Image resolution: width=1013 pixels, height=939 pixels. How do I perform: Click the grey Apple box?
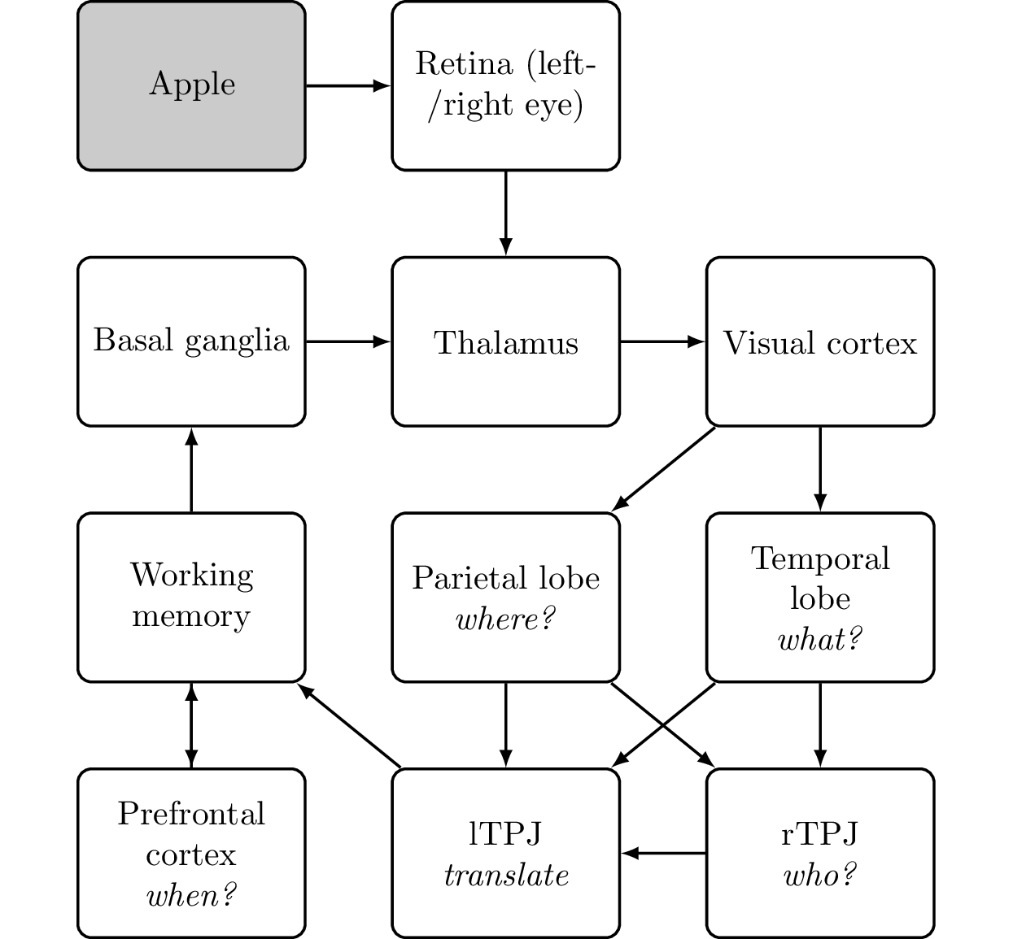(191, 85)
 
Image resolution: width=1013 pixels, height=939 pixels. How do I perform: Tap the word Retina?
(464, 63)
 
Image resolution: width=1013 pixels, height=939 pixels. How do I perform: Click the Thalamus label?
(506, 342)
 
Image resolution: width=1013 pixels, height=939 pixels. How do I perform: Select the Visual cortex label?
(820, 342)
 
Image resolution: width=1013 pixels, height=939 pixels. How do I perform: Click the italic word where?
(506, 619)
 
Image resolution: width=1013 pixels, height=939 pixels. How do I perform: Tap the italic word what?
(820, 640)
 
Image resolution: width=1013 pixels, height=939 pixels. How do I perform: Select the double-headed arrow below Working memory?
(191, 725)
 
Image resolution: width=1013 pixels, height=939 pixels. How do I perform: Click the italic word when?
(191, 896)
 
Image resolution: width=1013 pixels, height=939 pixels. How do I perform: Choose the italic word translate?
(506, 876)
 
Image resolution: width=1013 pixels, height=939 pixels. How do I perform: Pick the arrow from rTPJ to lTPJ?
(664, 854)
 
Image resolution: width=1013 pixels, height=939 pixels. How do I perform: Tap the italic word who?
(820, 876)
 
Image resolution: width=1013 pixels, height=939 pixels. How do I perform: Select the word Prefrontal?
(191, 814)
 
